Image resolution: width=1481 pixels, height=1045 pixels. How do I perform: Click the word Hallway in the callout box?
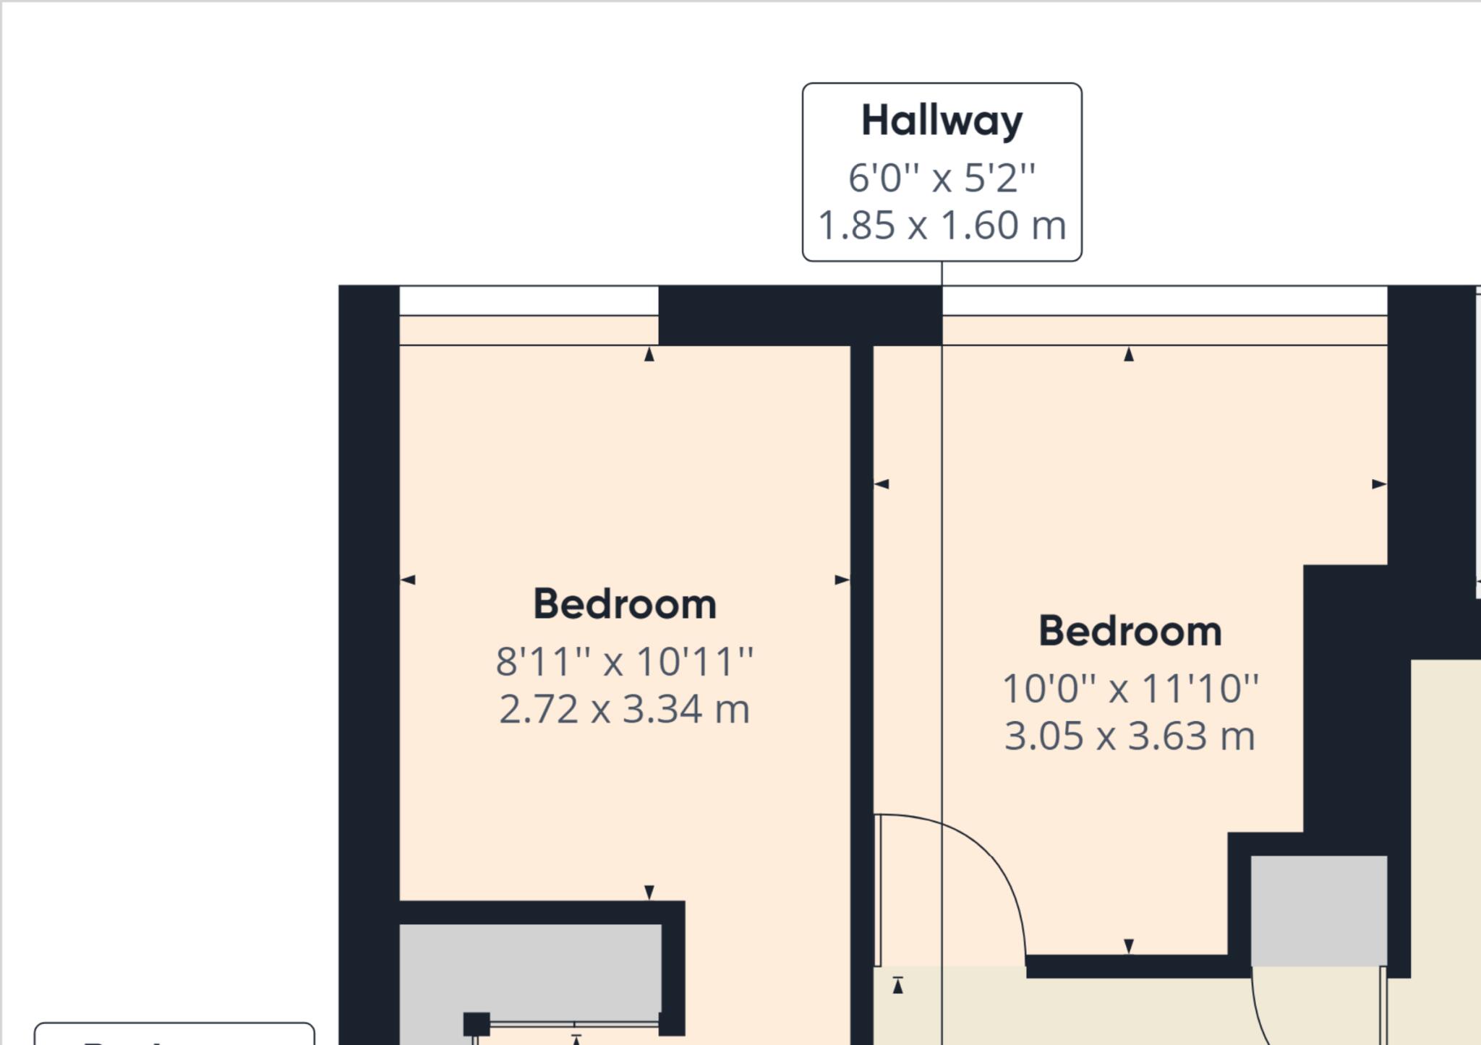(x=942, y=121)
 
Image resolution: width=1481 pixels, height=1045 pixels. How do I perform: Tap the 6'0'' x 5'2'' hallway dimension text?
(x=942, y=178)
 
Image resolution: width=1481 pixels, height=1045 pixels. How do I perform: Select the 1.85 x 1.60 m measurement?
(x=942, y=225)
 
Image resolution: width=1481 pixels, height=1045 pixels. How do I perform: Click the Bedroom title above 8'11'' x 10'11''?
(x=625, y=604)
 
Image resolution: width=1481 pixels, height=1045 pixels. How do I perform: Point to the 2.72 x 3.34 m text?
(x=625, y=709)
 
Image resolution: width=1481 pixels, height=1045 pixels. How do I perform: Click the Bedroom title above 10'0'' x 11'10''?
(x=1130, y=632)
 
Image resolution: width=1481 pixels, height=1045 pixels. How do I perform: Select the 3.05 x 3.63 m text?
(x=1130, y=736)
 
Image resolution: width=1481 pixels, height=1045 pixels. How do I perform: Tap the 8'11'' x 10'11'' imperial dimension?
(x=625, y=661)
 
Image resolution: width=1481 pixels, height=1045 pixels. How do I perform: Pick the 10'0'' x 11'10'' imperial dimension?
(x=1130, y=688)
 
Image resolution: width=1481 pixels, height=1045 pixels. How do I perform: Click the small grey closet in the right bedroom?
(x=1318, y=909)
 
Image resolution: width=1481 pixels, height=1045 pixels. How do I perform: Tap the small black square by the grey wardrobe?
(x=476, y=1024)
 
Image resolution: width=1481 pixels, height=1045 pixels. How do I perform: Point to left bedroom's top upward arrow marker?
(x=649, y=354)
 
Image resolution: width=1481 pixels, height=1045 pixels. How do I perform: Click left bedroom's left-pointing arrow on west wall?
(x=408, y=580)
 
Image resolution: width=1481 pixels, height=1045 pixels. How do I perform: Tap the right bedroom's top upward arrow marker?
(x=1128, y=354)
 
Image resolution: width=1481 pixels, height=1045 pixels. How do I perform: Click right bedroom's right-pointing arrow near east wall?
(x=1379, y=484)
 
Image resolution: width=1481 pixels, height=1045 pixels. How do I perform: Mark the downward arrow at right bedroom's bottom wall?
(x=1129, y=946)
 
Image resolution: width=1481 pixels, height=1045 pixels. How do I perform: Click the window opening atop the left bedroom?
(x=529, y=301)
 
